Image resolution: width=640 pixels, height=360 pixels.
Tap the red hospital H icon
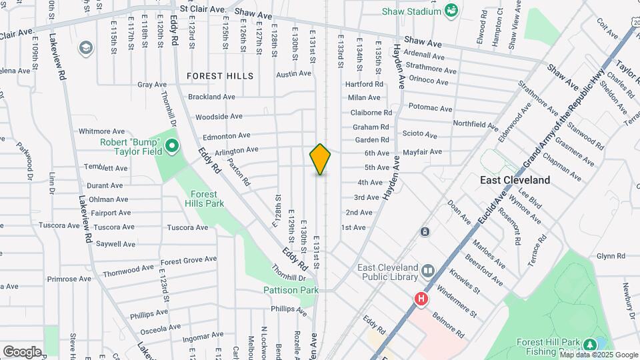pyautogui.click(x=421, y=299)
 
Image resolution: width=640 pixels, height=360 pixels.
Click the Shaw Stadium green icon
pyautogui.click(x=451, y=11)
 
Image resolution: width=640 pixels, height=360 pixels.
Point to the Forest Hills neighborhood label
pyautogui.click(x=220, y=76)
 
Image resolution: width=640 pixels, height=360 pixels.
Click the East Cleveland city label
pyautogui.click(x=515, y=180)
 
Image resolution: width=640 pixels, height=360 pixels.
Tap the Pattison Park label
pyautogui.click(x=291, y=290)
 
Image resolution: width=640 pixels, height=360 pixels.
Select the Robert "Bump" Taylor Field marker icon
pyautogui.click(x=171, y=145)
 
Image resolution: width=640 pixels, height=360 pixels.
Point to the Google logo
pyautogui.click(x=22, y=351)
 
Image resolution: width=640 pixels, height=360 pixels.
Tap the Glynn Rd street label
pyautogui.click(x=611, y=256)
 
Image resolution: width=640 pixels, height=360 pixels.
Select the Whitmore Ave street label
pyautogui.click(x=101, y=131)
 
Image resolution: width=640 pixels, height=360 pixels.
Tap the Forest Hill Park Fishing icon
pyautogui.click(x=589, y=345)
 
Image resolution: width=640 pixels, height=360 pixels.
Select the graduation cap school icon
pyautogui.click(x=85, y=48)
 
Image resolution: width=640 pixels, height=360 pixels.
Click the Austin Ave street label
pyautogui.click(x=294, y=74)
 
